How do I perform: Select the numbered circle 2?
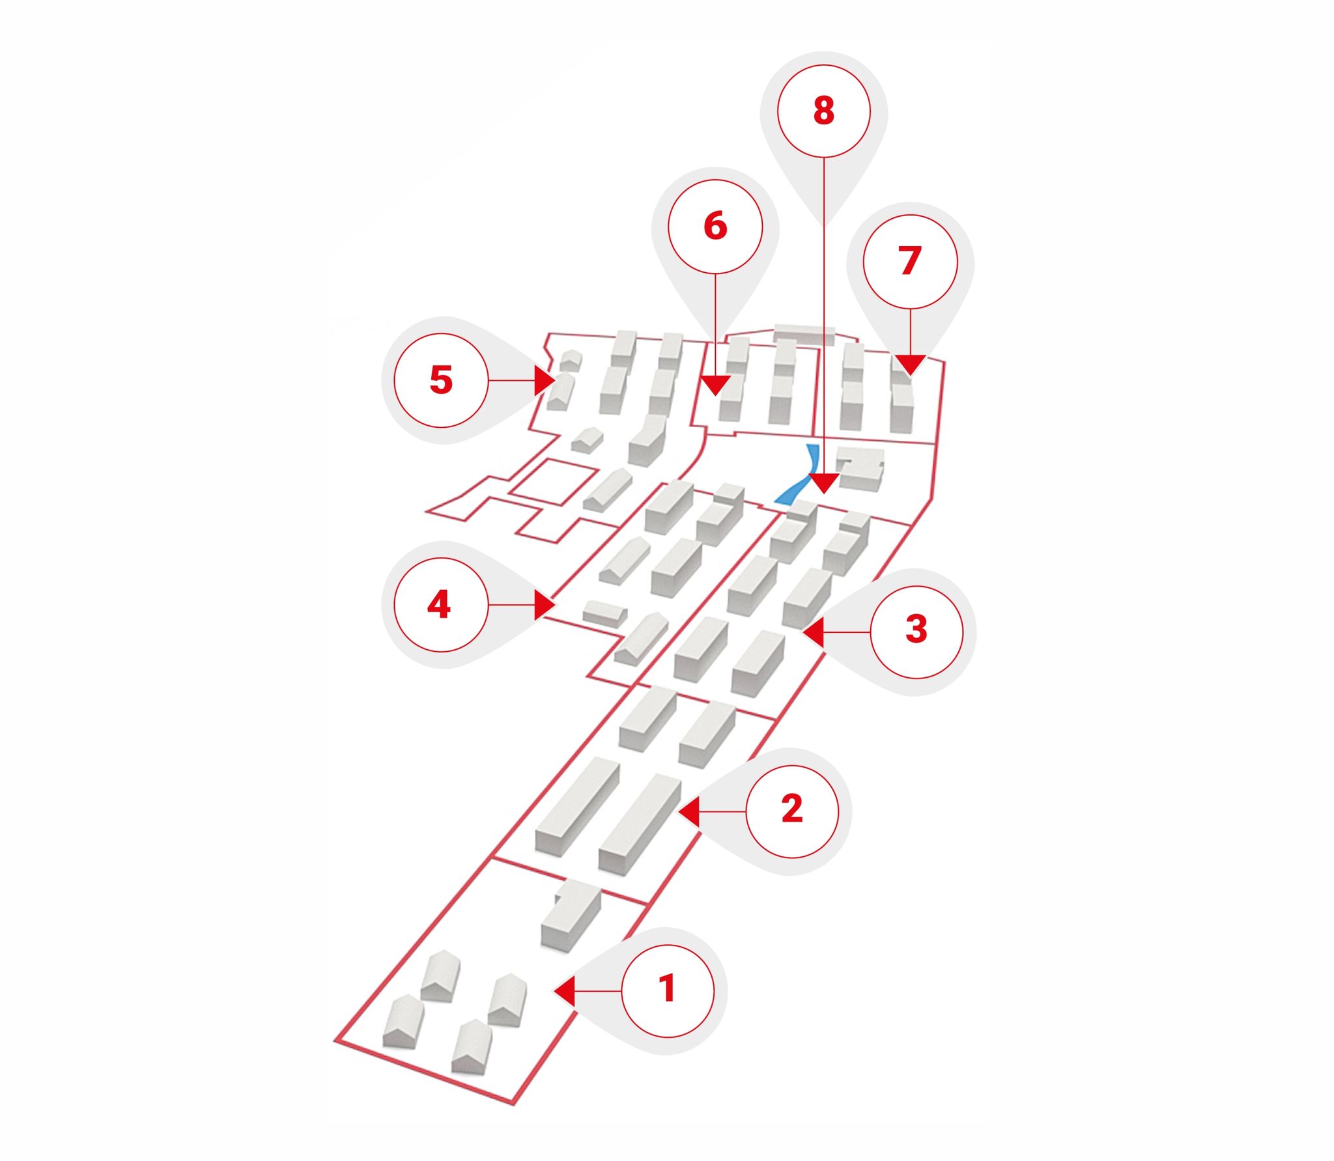pyautogui.click(x=792, y=811)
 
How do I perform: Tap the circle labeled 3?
pyautogui.click(x=916, y=632)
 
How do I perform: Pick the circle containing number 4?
pyautogui.click(x=441, y=604)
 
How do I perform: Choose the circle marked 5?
pyautogui.click(x=441, y=380)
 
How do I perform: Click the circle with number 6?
pyautogui.click(x=715, y=226)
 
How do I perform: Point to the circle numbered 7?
pyautogui.click(x=910, y=261)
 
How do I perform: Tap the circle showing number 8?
pyautogui.click(x=823, y=111)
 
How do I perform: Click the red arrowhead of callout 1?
pyautogui.click(x=564, y=991)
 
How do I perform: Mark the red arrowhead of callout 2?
pyautogui.click(x=689, y=811)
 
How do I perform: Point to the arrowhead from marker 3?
pyautogui.click(x=814, y=632)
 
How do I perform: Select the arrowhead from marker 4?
pyautogui.click(x=545, y=604)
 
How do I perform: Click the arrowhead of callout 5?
pyautogui.click(x=545, y=380)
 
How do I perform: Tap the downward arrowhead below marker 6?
pyautogui.click(x=715, y=385)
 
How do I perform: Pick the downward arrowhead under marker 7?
pyautogui.click(x=910, y=365)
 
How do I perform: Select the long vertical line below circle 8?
pyautogui.click(x=823, y=316)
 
